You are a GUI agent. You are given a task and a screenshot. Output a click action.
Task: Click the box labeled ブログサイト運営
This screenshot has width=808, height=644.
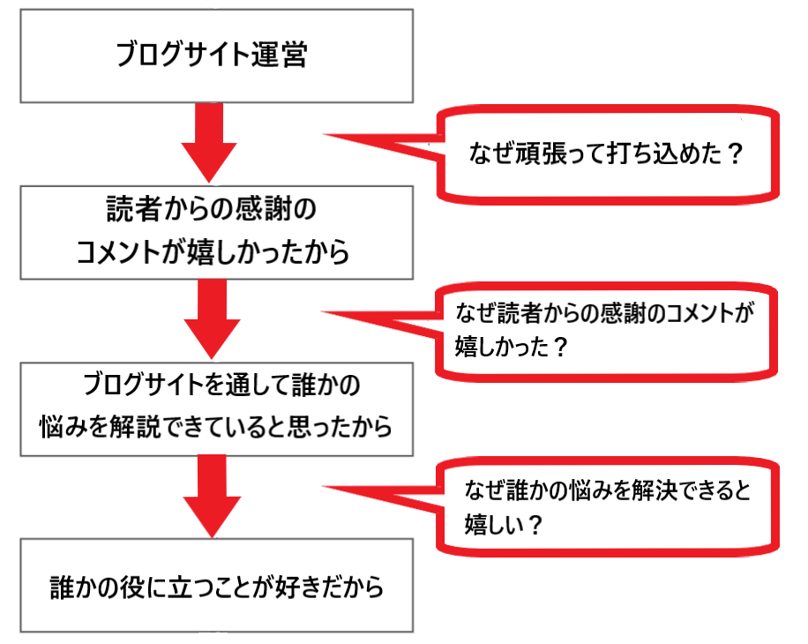pyautogui.click(x=216, y=55)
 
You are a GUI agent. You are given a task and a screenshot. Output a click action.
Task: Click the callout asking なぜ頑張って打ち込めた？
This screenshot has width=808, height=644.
pyautogui.click(x=610, y=154)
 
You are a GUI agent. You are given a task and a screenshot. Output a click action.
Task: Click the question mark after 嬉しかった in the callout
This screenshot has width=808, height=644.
pyautogui.click(x=557, y=346)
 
